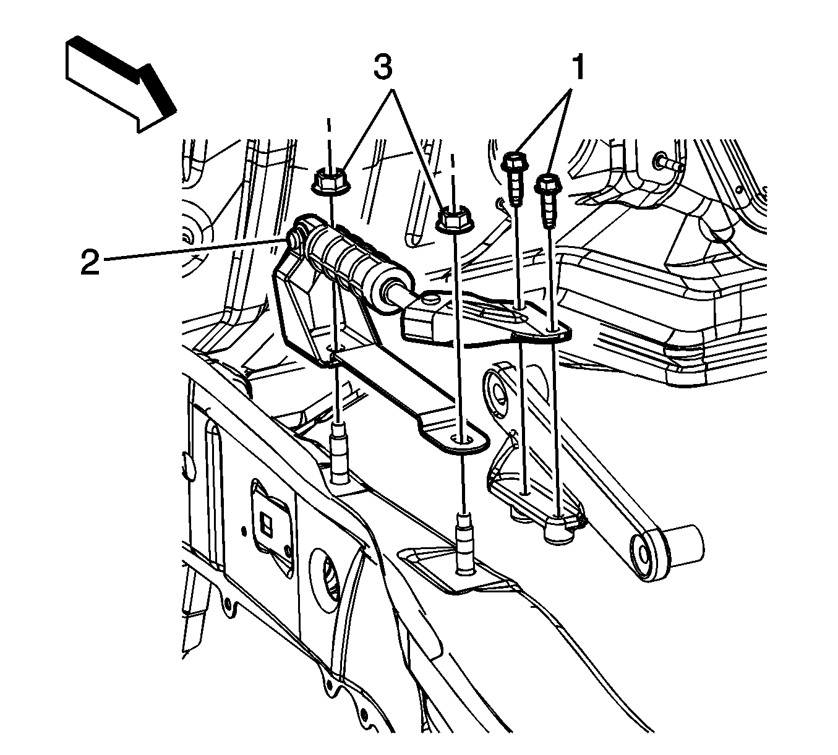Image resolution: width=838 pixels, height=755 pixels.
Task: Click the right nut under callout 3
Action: coord(452,220)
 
